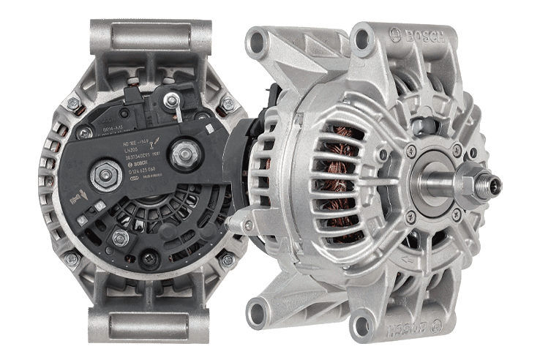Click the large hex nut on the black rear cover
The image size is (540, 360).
click(x=101, y=173)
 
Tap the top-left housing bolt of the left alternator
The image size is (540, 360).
click(x=73, y=104)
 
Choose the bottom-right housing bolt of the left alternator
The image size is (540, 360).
click(x=227, y=259)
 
